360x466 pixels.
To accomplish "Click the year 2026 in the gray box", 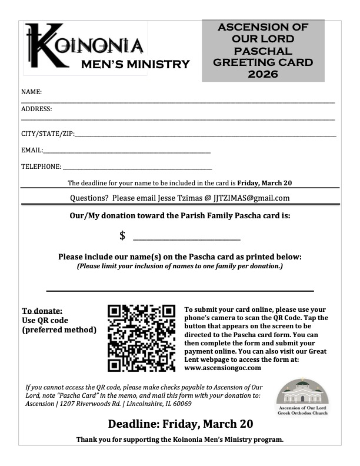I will pos(263,74).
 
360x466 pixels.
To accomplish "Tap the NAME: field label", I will pos(31,92).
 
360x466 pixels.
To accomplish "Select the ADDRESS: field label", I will pos(36,109).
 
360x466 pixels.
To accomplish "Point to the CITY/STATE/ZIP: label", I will pos(48,134).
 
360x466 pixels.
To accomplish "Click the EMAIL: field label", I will pos(32,151).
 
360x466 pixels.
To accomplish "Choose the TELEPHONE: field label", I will pos(41,167).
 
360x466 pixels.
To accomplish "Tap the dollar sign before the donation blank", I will pos(122,236).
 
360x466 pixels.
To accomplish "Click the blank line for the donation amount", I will pos(187,239).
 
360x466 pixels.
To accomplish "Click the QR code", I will pos(142,338).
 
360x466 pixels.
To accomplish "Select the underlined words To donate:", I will pos(42,311).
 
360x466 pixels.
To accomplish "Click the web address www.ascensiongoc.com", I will pos(222,368).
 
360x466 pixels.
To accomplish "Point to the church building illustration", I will pos(302,391).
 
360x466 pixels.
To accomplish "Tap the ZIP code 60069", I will pos(181,404).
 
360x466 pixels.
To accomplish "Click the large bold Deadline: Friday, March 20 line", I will pos(180,424).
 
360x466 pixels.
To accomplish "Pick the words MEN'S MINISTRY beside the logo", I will pos(135,64).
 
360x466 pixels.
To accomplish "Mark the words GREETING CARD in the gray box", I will pos(263,62).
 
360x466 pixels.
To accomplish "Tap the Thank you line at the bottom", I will pos(180,440).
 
